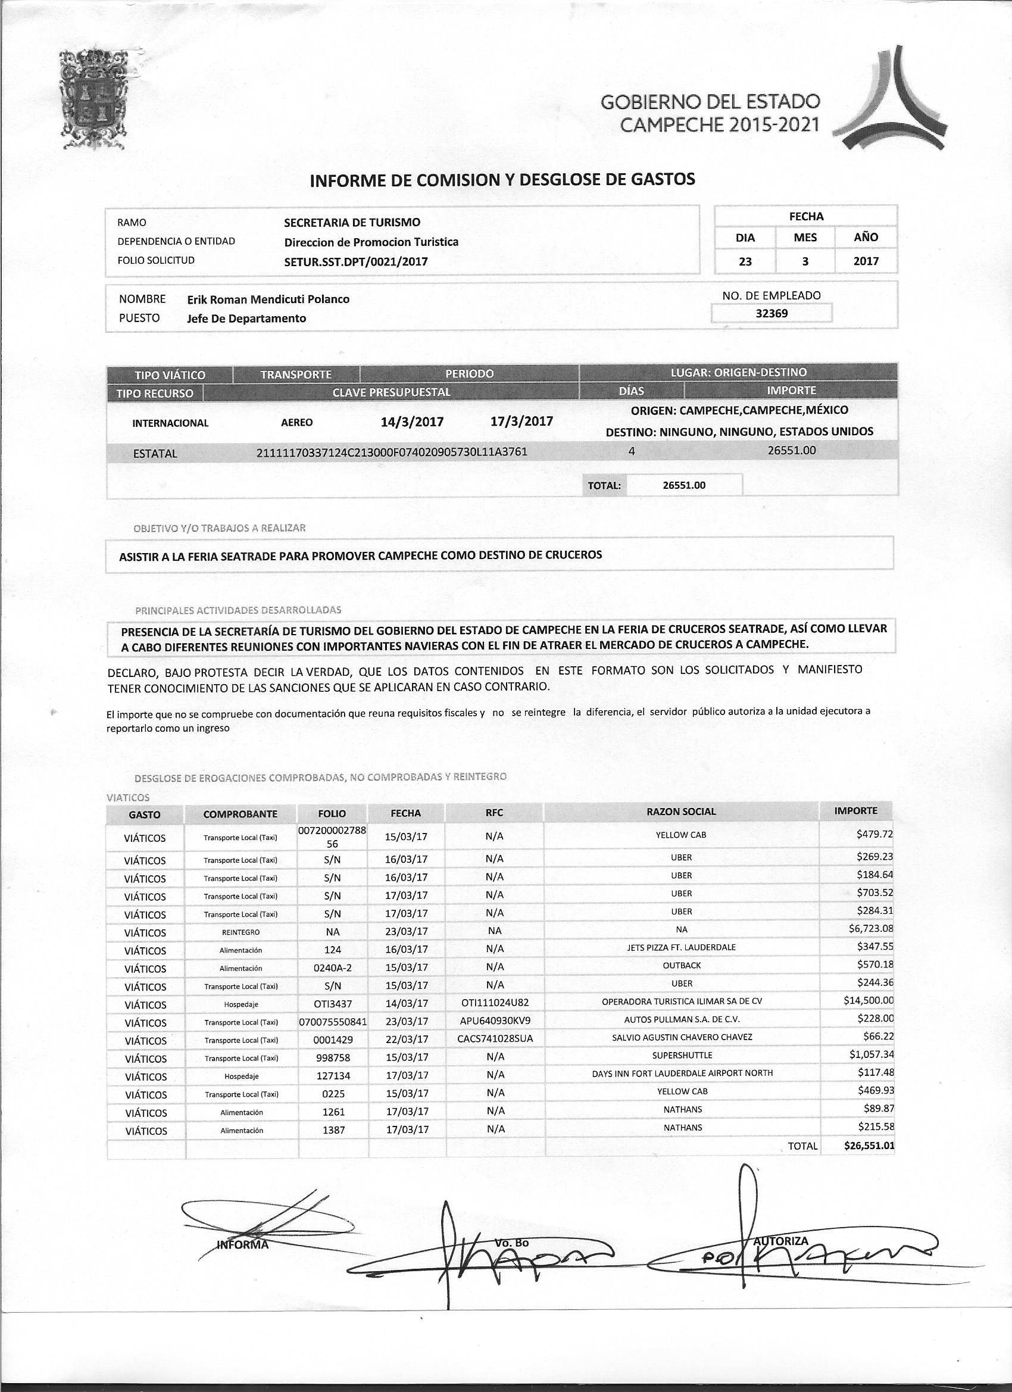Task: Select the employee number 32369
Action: (772, 314)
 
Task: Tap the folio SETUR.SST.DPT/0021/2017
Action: (356, 261)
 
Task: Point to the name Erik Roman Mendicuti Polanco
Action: (268, 299)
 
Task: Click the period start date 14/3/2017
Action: (412, 422)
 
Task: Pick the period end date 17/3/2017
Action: (521, 421)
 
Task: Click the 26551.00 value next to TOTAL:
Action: (684, 485)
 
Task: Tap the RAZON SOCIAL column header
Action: (681, 812)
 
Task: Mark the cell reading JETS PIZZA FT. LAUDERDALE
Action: (681, 947)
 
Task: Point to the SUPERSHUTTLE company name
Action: (682, 1055)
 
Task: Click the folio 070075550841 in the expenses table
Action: (332, 1021)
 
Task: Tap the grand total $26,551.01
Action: (869, 1146)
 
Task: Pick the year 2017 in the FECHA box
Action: (866, 261)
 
